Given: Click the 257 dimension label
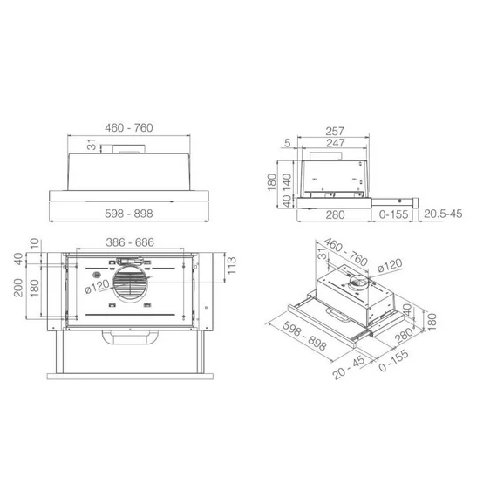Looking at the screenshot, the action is click(335, 131).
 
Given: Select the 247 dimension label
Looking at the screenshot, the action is click(336, 143).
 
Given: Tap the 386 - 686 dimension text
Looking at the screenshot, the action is click(130, 242).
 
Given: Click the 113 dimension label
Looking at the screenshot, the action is click(232, 266).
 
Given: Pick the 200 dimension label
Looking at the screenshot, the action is click(18, 288).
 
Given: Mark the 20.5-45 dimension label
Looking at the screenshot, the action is click(443, 214).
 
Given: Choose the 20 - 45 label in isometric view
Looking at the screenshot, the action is click(349, 368).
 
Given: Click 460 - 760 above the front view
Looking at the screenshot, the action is click(129, 127).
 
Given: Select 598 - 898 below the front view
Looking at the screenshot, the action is click(129, 214).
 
